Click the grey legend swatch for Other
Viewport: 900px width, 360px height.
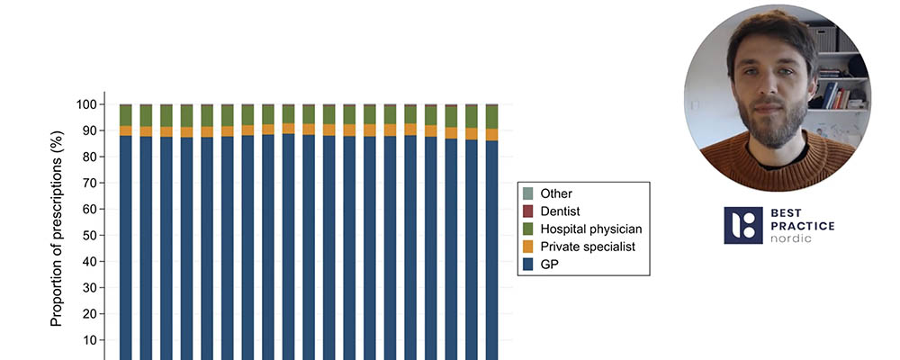tap(527, 193)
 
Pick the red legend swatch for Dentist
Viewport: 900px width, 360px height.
tap(527, 211)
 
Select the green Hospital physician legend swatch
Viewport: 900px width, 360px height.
tap(527, 229)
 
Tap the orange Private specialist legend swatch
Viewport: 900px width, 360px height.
tap(527, 247)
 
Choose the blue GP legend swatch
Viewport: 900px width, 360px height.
tap(527, 265)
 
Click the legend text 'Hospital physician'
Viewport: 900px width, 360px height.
tap(591, 229)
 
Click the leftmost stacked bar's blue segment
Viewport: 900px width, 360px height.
tap(126, 243)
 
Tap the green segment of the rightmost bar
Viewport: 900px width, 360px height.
tap(492, 116)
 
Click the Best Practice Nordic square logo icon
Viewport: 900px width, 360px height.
tap(742, 225)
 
